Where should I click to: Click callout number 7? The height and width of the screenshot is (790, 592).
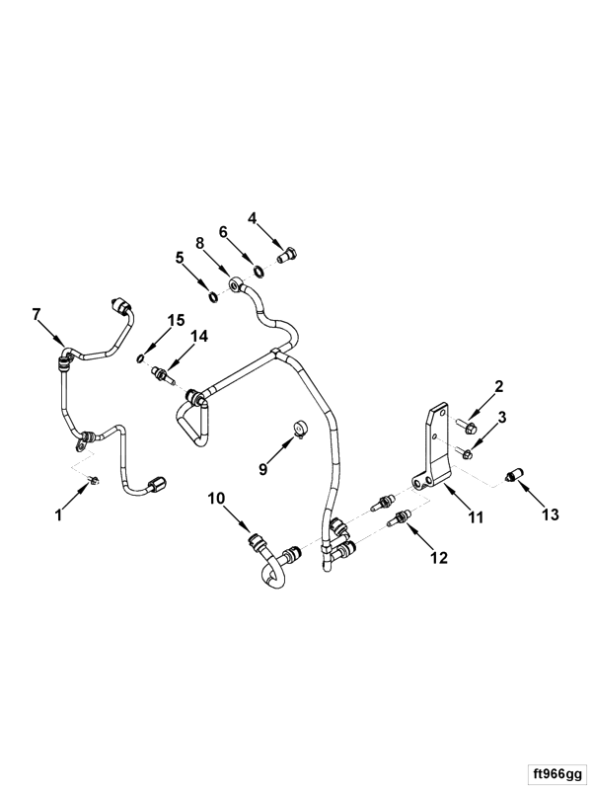pos(36,314)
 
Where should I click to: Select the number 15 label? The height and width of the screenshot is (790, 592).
pos(177,320)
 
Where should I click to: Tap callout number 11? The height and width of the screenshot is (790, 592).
pos(476,516)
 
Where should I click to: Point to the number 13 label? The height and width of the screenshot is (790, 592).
pos(551,514)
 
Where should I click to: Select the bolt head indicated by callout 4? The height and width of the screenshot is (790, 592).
pos(287,256)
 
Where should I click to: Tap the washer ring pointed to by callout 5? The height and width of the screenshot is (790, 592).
pos(214,297)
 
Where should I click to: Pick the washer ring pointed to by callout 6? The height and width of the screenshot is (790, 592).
pos(259,273)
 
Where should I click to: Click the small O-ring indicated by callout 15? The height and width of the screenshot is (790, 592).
pos(141,358)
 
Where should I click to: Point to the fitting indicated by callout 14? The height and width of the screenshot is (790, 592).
pos(162,375)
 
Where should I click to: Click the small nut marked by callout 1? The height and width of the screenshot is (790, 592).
pos(94,479)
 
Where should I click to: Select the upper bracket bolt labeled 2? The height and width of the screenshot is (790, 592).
pos(468,429)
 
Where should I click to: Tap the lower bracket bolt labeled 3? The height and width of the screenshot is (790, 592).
pos(464,453)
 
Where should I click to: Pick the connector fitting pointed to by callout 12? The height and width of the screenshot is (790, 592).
pos(401,517)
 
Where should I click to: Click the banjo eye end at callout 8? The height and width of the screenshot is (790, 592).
pos(235,284)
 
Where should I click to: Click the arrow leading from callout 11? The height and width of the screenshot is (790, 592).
pos(457,496)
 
